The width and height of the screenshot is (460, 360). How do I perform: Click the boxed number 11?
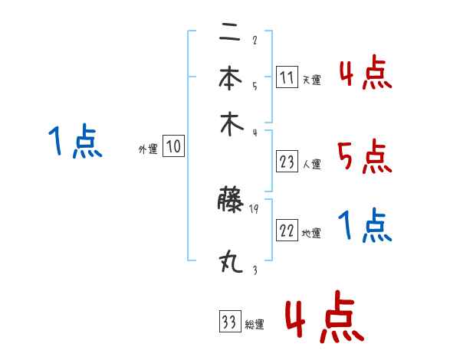(x=287, y=77)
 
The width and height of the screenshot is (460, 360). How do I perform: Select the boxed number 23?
(x=287, y=161)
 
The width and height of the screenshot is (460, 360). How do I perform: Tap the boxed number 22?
(x=287, y=231)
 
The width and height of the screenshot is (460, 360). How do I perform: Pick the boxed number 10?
(x=173, y=147)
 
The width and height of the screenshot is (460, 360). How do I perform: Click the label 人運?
(x=311, y=163)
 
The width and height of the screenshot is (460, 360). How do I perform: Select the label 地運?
(x=311, y=234)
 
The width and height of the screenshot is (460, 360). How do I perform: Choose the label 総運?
(x=255, y=324)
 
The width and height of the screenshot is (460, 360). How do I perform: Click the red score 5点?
(x=364, y=158)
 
